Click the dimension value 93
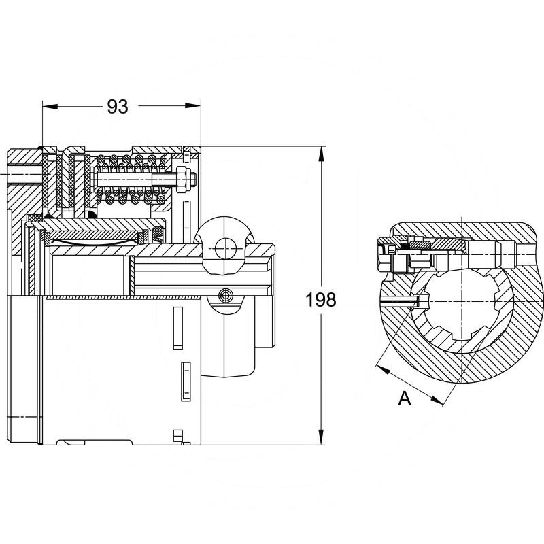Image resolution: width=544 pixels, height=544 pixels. click(x=118, y=107)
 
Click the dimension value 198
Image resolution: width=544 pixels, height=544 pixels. click(x=321, y=299)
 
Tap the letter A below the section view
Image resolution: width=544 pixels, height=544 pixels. click(x=405, y=399)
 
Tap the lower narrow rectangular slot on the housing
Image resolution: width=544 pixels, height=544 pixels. click(x=183, y=380)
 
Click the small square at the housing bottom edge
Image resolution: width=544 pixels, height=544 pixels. click(x=179, y=435)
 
